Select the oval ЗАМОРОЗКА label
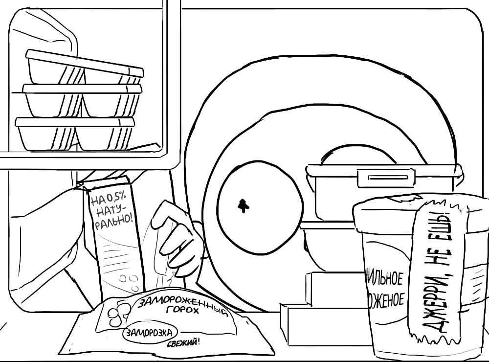click(x=150, y=334)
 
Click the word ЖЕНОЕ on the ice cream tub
click(x=386, y=299)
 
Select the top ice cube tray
click(x=83, y=68)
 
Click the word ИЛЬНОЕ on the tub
click(x=385, y=278)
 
